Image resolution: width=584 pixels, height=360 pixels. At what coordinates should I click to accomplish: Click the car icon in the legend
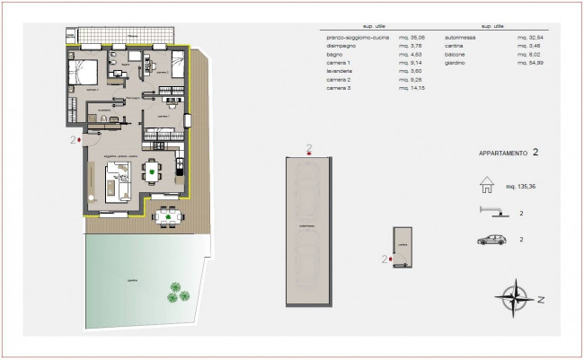tap(493, 240)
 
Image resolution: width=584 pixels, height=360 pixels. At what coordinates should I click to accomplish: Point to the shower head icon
tap(491, 212)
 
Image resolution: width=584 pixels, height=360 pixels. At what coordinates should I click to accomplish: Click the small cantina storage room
tap(402, 248)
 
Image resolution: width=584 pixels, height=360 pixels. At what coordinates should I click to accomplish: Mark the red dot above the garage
tap(308, 154)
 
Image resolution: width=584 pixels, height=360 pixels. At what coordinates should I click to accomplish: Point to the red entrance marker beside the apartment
tap(81, 140)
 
